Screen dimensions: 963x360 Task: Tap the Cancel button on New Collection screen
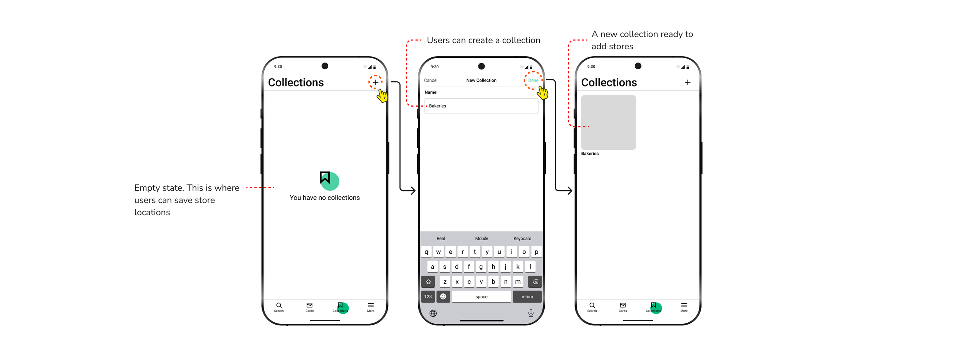tap(430, 80)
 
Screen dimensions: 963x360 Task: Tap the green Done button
tap(533, 80)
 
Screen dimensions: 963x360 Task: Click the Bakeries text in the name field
tap(438, 106)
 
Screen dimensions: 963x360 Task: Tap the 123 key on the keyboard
tap(428, 296)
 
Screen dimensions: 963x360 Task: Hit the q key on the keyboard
tap(426, 252)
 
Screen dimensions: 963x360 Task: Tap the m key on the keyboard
tap(518, 281)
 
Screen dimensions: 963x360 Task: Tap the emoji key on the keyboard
tap(443, 296)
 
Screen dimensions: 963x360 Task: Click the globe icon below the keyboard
tap(433, 313)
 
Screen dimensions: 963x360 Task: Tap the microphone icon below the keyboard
tap(531, 313)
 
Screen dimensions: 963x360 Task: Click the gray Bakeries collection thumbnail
tap(608, 122)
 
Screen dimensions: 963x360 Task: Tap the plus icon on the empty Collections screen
tap(376, 82)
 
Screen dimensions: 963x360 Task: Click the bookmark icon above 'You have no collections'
tap(325, 178)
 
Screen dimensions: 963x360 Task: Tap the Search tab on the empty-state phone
tap(279, 307)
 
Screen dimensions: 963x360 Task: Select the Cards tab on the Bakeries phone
tap(622, 307)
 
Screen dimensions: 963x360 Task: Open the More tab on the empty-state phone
tap(371, 307)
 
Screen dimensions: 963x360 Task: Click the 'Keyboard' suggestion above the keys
tap(522, 239)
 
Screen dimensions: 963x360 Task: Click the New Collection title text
tap(481, 80)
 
